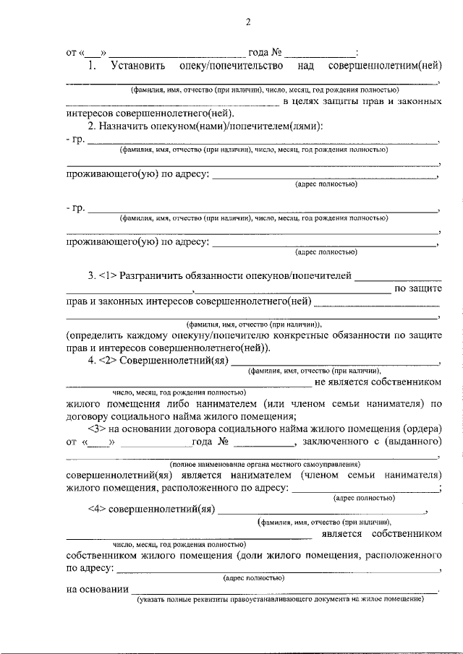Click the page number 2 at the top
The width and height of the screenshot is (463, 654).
[247, 21]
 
